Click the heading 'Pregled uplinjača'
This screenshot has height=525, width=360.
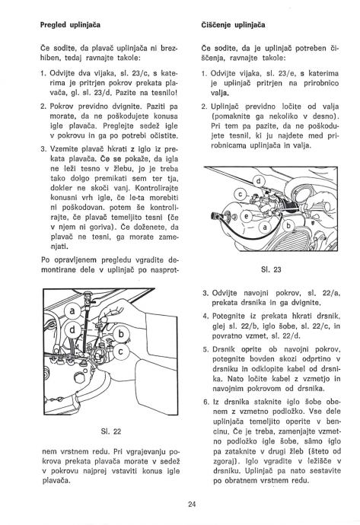coord(70,25)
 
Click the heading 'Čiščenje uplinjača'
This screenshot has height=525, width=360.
coord(234,25)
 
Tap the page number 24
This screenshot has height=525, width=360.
coord(192,504)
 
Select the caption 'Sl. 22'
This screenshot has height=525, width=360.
coord(111,431)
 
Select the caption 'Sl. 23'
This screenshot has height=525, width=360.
coord(271,269)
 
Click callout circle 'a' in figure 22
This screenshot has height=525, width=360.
coord(72,312)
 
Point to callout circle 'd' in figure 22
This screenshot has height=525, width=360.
coord(72,330)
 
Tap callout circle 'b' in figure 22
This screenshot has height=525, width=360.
coord(121,334)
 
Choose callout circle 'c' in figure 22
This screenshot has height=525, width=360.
coord(121,352)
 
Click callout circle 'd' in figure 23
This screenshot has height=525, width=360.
coord(258,182)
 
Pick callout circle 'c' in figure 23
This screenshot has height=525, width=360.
coord(240,195)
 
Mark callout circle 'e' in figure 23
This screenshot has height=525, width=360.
coord(247,216)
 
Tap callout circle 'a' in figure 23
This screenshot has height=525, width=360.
coord(265,228)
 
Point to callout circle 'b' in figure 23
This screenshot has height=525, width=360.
coord(288,225)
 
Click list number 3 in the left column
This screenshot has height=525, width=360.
coord(43,149)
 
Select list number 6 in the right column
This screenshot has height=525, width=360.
coord(205,402)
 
